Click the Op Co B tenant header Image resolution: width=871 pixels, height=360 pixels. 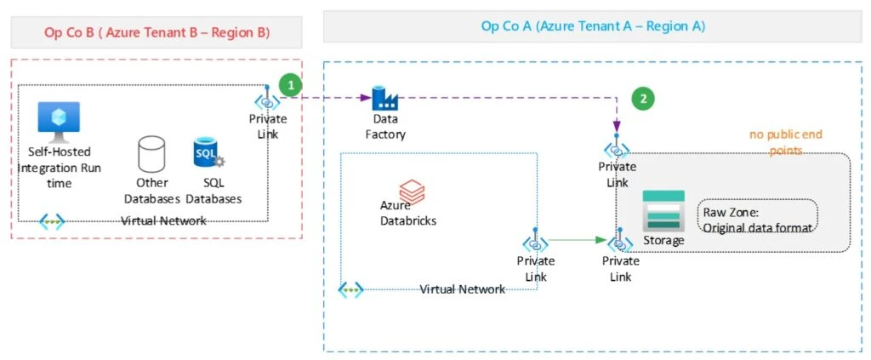157,32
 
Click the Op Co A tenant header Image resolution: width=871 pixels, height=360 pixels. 593,26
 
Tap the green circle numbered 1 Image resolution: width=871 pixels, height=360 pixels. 291,85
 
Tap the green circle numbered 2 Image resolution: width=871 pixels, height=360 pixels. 644,99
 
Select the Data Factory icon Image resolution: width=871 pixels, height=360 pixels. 385,98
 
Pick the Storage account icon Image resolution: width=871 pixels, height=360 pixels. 663,210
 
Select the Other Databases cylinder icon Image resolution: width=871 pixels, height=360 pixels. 151,154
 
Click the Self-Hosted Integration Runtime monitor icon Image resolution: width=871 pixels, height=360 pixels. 59,122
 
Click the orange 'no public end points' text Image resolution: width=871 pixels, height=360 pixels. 785,142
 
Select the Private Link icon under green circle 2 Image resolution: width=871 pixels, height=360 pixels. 617,151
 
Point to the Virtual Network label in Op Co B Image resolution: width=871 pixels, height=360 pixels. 163,220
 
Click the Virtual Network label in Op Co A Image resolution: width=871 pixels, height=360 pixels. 462,289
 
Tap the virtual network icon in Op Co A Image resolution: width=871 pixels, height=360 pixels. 351,290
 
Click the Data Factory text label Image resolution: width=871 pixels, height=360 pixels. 385,127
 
